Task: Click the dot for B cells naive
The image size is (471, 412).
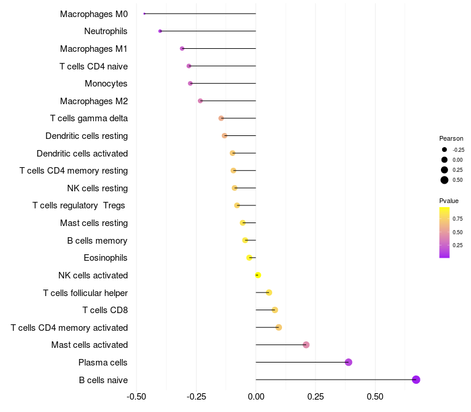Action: (x=416, y=380)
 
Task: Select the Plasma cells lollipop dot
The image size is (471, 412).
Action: (x=349, y=362)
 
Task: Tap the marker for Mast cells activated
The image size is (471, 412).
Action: (x=306, y=345)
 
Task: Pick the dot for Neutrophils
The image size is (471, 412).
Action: (x=160, y=31)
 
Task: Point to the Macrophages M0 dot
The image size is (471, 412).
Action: (x=144, y=14)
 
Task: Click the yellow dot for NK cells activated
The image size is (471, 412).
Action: (x=258, y=275)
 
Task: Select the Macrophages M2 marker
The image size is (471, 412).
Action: (x=200, y=101)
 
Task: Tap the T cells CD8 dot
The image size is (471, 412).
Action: (x=274, y=310)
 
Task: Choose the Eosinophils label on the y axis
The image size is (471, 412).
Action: (x=105, y=258)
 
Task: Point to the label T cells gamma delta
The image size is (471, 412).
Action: (x=89, y=118)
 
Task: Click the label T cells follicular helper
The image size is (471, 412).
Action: (x=85, y=293)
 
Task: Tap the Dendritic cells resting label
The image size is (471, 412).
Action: (x=87, y=136)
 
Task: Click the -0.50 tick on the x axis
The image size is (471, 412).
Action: (x=136, y=397)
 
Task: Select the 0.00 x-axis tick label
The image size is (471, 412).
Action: (x=256, y=397)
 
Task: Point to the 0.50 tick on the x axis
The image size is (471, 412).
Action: (x=375, y=397)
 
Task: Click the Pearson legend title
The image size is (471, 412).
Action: (x=451, y=138)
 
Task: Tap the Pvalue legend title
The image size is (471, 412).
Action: (x=449, y=201)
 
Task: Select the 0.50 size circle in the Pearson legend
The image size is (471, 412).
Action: (x=445, y=180)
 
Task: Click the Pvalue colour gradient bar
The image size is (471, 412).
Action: (x=445, y=232)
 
